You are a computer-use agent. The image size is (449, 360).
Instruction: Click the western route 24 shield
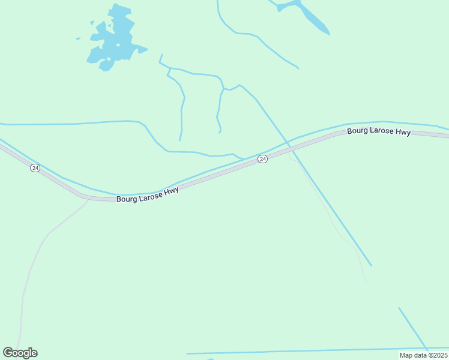[x=35, y=168]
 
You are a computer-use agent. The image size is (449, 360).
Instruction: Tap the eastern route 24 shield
[x=262, y=158]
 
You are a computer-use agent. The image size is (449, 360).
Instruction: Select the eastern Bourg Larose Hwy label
[x=379, y=131]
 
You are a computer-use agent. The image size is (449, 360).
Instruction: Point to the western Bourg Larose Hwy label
[x=148, y=195]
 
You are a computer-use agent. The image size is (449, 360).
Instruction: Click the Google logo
[x=20, y=353]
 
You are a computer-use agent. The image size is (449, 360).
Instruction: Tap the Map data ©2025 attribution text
[x=423, y=355]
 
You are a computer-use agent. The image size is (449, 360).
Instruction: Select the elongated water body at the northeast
[x=312, y=18]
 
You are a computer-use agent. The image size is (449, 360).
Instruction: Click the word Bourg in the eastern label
[x=358, y=131]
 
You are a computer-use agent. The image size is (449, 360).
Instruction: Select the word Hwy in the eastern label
[x=403, y=133]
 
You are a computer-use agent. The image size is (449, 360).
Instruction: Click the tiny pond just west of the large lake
[x=78, y=39]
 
